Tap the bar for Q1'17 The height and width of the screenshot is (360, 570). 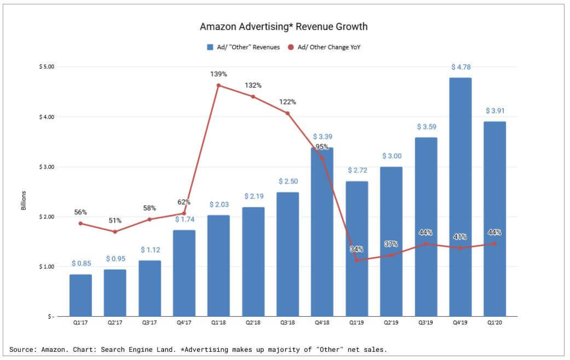coord(80,295)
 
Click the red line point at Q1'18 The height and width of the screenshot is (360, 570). coord(218,85)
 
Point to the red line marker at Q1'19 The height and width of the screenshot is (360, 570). coord(357,260)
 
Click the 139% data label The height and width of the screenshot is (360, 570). coord(219,74)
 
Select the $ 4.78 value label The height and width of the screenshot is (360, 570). coord(461,67)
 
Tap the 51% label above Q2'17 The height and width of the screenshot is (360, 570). coord(115,220)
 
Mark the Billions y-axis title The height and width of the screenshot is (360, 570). coord(24,201)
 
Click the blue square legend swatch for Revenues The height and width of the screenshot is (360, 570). coord(210,47)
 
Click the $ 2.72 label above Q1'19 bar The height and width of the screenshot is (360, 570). coord(357,171)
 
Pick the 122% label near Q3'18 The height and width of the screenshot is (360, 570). coord(287,102)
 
